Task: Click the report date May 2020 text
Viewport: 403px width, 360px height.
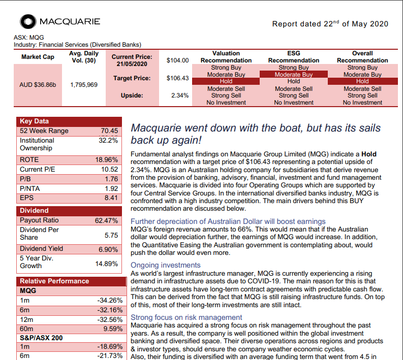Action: (x=330, y=24)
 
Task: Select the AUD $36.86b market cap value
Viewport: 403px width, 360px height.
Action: (x=38, y=84)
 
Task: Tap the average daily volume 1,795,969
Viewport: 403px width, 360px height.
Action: (x=84, y=84)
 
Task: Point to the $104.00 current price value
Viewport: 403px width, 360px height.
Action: (x=177, y=60)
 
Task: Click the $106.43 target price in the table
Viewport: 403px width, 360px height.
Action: (x=177, y=78)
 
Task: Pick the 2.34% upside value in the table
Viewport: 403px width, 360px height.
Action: (x=180, y=95)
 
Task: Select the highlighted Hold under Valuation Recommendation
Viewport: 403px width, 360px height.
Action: (x=226, y=81)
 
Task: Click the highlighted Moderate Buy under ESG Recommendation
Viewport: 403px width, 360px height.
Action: (x=293, y=75)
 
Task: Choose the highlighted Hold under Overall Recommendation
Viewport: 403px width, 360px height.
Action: (x=362, y=81)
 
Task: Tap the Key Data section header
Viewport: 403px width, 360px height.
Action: (x=34, y=121)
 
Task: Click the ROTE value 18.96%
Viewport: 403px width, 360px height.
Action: (x=107, y=159)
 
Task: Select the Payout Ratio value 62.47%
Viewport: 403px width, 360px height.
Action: (x=107, y=220)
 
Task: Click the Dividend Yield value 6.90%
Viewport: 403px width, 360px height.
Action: (x=108, y=249)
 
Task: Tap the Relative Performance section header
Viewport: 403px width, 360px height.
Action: (x=54, y=281)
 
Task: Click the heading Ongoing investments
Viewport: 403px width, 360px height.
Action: (x=166, y=265)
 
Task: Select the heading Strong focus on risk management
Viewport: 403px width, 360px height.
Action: (x=187, y=317)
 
